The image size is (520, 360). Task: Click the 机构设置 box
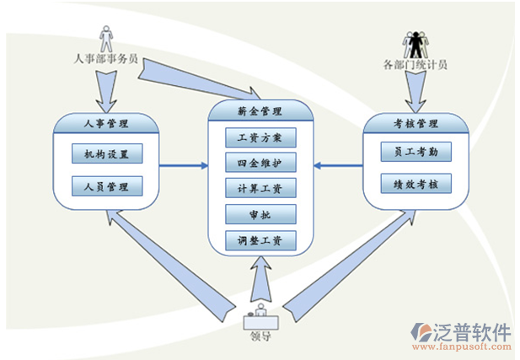point(107,153)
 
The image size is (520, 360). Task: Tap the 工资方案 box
point(260,136)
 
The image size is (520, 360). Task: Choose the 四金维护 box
point(260,162)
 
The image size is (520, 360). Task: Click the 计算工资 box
point(260,188)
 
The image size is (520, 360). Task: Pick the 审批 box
point(260,214)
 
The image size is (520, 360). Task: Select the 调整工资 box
point(260,240)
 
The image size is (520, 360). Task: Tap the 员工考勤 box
point(415,151)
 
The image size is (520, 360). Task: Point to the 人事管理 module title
point(107,125)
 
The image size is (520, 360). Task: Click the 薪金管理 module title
point(260,110)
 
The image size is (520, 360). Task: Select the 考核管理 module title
point(415,125)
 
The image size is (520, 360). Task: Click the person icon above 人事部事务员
point(106,39)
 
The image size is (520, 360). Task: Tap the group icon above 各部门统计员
point(415,43)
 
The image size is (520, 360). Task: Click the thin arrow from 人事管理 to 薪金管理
point(183,164)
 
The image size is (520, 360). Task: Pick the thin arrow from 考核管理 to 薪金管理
point(337,164)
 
